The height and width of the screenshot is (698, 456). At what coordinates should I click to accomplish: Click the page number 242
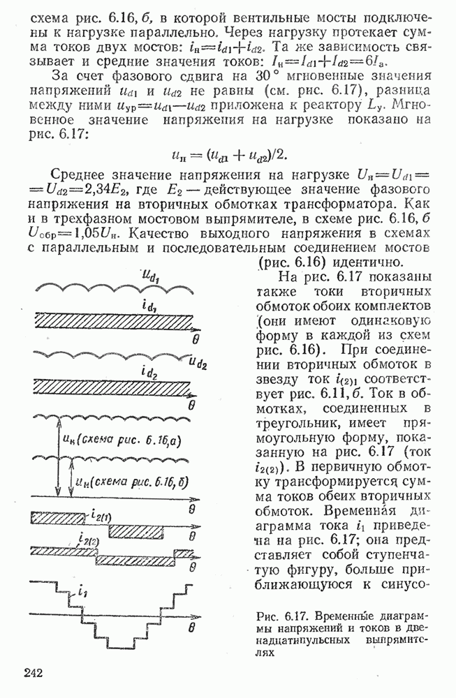click(34, 672)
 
